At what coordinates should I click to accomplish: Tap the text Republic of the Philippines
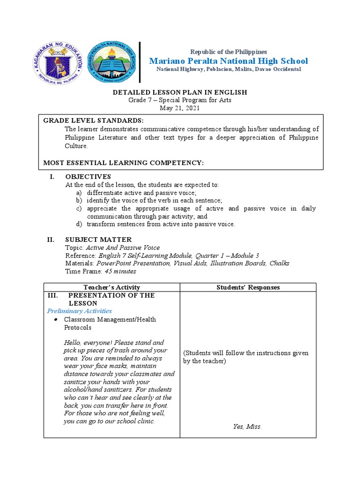[228, 52]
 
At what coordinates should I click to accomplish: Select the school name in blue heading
[228, 61]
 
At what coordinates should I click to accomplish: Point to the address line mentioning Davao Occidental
[228, 69]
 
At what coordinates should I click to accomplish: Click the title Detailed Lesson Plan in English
[180, 92]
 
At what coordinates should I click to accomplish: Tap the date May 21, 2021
[180, 108]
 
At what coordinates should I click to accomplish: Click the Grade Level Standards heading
[90, 120]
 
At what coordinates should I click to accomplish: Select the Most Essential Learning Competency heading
[124, 162]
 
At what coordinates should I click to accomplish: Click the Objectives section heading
[88, 177]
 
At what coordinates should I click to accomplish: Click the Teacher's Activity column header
[112, 287]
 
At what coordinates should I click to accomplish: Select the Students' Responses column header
[248, 287]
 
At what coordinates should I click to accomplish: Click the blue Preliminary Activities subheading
[79, 311]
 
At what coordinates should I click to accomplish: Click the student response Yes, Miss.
[247, 427]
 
